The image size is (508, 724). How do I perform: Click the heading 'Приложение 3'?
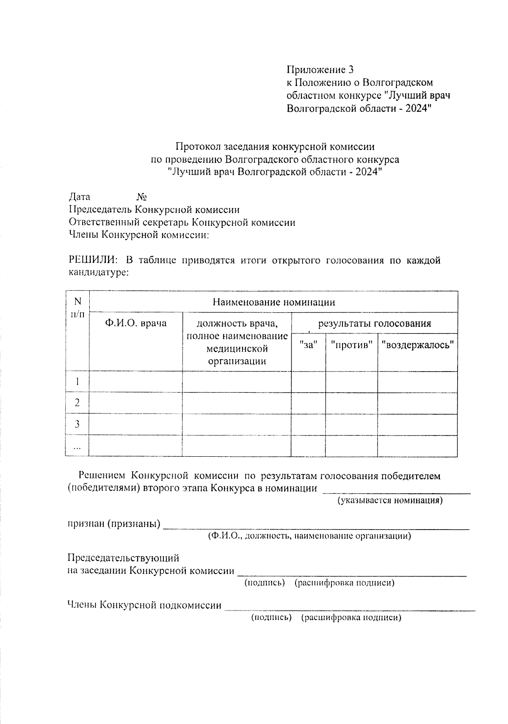(x=320, y=69)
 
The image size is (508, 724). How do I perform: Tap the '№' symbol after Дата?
(x=142, y=197)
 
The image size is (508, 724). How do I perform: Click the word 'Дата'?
(x=80, y=197)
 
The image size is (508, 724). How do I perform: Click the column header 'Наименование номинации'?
(x=273, y=302)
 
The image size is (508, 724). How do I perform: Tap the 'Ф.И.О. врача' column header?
(x=136, y=324)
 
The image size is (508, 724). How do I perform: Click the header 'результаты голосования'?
(x=374, y=324)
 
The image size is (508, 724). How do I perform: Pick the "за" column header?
(x=308, y=345)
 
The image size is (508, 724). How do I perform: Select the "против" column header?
(x=351, y=345)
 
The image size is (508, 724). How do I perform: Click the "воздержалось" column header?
(x=417, y=345)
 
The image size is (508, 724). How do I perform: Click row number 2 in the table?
(x=77, y=403)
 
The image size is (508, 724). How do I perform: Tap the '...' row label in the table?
(x=77, y=446)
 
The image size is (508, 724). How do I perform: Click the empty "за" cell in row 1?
(x=308, y=382)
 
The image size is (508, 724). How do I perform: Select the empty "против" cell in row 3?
(x=351, y=424)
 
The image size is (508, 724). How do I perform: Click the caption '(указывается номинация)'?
(x=390, y=500)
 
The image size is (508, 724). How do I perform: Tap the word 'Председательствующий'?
(x=124, y=558)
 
